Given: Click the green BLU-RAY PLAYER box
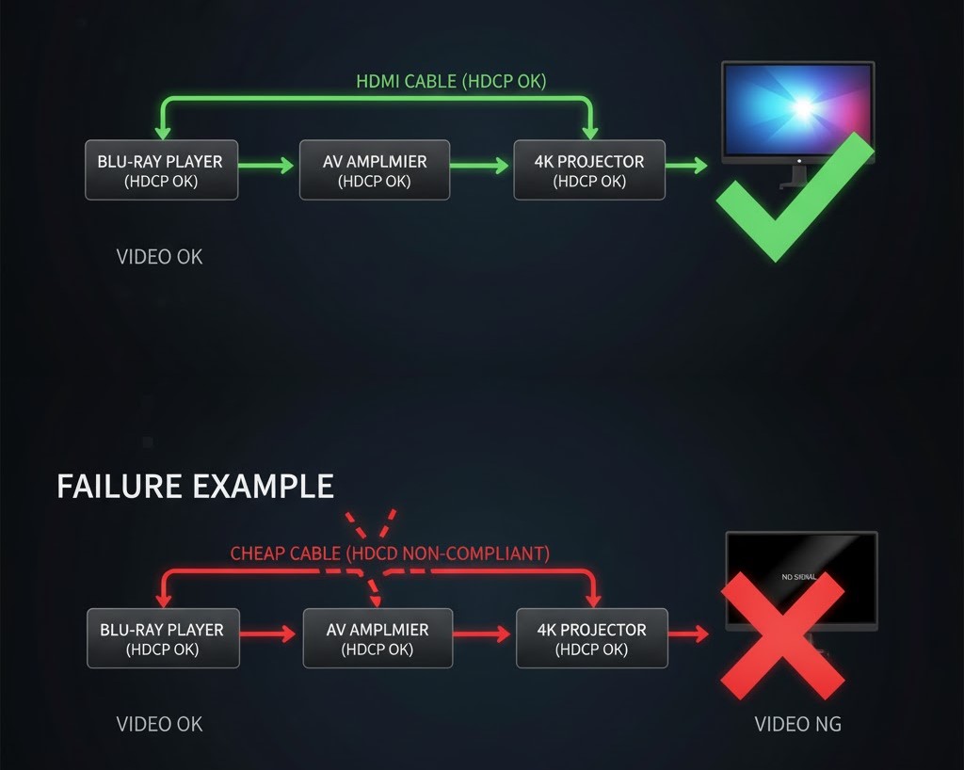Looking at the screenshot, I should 161,170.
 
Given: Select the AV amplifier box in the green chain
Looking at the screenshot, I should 375,170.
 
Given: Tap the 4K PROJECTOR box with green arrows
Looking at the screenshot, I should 589,170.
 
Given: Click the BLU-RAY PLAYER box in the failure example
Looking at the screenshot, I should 163,638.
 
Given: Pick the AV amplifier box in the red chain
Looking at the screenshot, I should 378,638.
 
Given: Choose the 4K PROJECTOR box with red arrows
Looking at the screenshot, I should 592,638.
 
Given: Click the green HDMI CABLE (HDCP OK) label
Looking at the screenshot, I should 451,82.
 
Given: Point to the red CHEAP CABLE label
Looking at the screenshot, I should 390,553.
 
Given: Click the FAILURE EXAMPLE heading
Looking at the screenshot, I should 195,487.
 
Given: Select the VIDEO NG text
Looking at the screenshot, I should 797,724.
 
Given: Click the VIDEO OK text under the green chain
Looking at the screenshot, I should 159,256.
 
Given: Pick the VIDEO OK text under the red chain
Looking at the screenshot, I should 159,724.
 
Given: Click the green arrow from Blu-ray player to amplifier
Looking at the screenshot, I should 267,167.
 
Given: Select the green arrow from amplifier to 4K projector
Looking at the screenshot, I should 480,167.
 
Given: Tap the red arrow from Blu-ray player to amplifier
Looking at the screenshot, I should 269,634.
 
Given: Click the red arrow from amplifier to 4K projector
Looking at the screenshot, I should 483,634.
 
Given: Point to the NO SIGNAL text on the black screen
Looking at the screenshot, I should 799,576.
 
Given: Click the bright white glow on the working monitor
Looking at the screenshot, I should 803,106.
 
